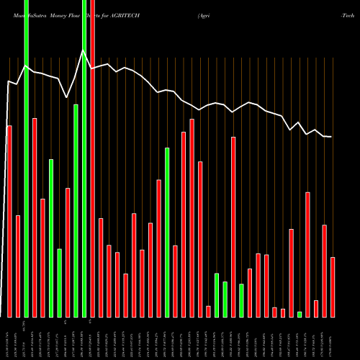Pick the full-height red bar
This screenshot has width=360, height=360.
[x=92, y=158]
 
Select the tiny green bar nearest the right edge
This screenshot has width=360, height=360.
[x=300, y=314]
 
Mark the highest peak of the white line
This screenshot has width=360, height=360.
[x=84, y=50]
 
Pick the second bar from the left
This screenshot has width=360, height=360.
[x=18, y=266]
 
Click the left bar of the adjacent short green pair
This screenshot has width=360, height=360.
[x=217, y=295]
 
